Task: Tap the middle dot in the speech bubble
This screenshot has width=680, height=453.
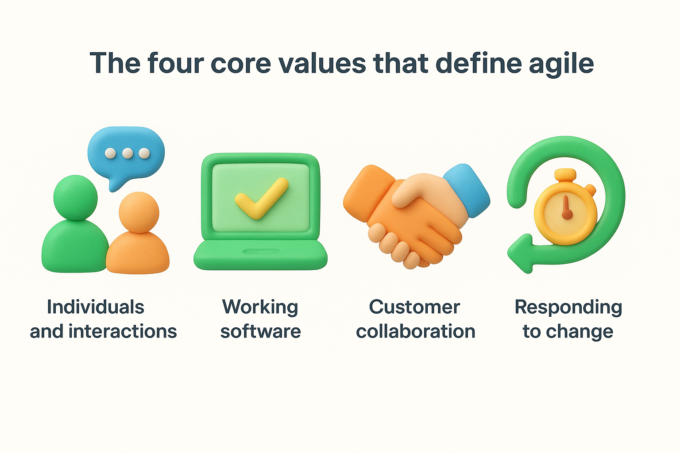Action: (127, 153)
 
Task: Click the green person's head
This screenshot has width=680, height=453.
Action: (76, 197)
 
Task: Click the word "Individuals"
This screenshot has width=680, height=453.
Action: (96, 307)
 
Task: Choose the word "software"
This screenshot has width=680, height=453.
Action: (261, 331)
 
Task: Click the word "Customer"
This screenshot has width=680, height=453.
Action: (414, 307)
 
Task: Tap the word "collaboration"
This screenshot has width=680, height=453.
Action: (415, 331)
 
